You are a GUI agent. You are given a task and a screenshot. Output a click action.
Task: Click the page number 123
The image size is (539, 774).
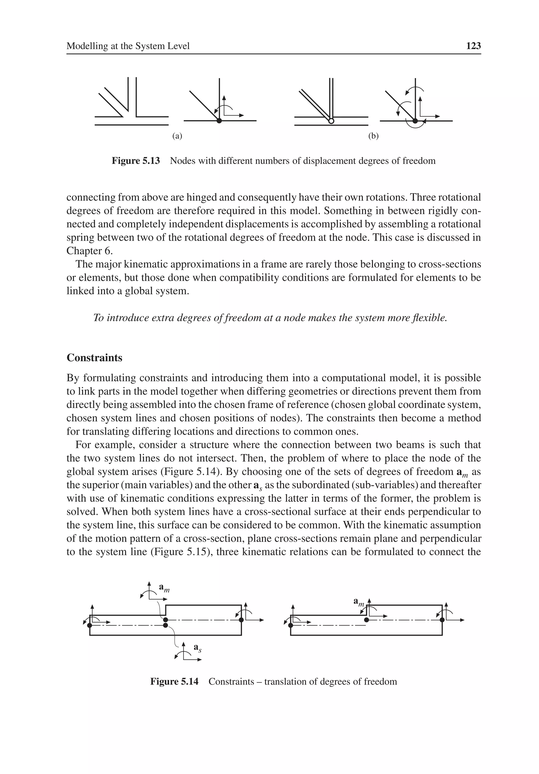473,46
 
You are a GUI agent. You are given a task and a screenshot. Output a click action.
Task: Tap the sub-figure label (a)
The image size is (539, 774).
177,136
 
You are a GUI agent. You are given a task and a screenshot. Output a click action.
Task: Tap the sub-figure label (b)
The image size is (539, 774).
373,136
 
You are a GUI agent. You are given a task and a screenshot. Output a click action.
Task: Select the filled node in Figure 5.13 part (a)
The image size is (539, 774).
219,121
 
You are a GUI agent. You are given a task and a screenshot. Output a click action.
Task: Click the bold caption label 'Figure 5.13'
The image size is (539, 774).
136,161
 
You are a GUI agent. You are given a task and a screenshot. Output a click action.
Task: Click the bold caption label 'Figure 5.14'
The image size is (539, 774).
174,682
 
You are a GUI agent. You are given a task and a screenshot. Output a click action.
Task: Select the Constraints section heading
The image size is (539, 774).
94,358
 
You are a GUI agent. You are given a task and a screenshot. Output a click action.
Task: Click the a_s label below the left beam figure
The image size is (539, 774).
197,648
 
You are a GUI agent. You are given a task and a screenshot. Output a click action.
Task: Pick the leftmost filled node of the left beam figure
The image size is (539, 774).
89,625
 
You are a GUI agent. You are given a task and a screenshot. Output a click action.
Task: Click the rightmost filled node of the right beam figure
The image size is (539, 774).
442,620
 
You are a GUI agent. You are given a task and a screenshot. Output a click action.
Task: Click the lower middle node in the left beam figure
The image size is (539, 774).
165,625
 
